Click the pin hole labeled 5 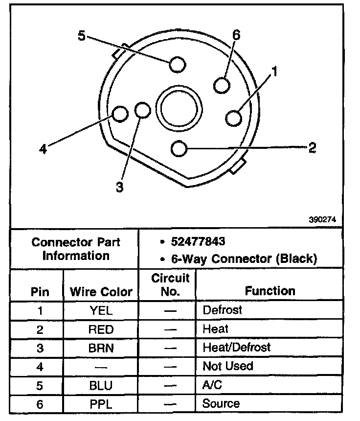pyautogui.click(x=177, y=65)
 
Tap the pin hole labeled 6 pyautogui.click(x=222, y=85)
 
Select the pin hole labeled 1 pyautogui.click(x=234, y=118)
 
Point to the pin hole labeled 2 pyautogui.click(x=180, y=148)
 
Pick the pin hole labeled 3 pyautogui.click(x=142, y=110)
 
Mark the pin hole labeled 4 pyautogui.click(x=120, y=114)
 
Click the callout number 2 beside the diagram pyautogui.click(x=312, y=148)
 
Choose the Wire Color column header pyautogui.click(x=101, y=292)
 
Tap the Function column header pyautogui.click(x=270, y=291)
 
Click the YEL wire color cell pyautogui.click(x=101, y=311)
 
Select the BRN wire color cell pyautogui.click(x=101, y=348)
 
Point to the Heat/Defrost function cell pyautogui.click(x=236, y=348)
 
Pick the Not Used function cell pyautogui.click(x=227, y=366)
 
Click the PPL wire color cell pyautogui.click(x=101, y=404)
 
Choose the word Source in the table pyautogui.click(x=221, y=403)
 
